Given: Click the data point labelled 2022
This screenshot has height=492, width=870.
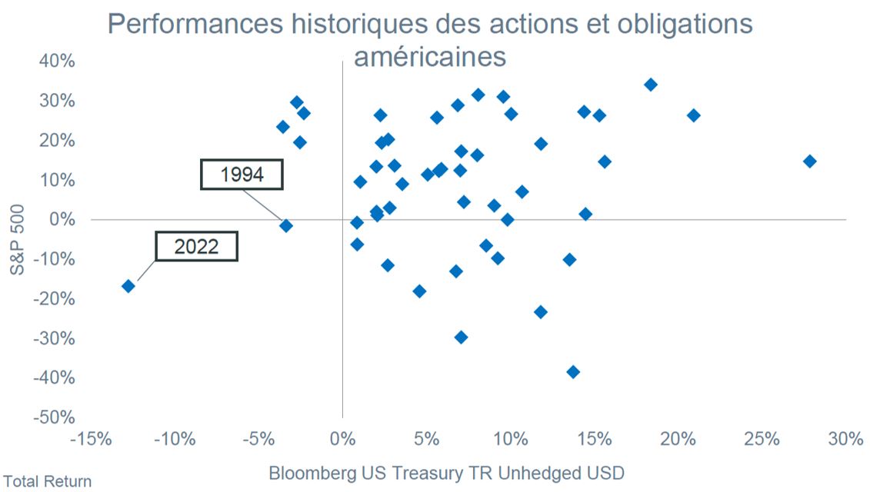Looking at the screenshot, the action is (x=128, y=286).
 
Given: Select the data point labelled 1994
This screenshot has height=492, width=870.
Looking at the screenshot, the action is (x=285, y=226).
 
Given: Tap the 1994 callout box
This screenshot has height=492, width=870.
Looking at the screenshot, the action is (x=242, y=175).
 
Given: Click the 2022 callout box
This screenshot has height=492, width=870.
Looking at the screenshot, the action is (x=196, y=246).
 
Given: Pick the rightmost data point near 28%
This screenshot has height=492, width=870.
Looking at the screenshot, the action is (x=809, y=161).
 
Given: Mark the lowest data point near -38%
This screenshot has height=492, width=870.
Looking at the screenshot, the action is (x=573, y=371).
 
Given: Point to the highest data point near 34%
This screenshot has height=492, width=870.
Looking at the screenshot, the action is (x=651, y=85).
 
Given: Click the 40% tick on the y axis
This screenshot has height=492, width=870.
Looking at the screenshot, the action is (x=57, y=61).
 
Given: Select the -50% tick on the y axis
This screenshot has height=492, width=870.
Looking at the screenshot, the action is (x=54, y=417).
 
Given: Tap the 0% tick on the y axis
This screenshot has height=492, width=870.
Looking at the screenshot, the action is (x=62, y=219).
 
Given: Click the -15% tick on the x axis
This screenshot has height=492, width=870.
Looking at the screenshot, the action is (x=91, y=439).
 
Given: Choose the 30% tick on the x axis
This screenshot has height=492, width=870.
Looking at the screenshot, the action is (x=845, y=439).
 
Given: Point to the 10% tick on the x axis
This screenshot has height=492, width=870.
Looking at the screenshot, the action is (x=511, y=439).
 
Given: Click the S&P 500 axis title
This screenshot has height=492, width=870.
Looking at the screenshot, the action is (x=17, y=240).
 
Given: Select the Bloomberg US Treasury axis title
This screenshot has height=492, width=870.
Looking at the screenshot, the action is (x=447, y=473).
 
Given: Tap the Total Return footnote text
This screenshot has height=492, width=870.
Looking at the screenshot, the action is (x=47, y=481).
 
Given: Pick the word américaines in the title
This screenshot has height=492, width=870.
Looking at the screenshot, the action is (x=430, y=57).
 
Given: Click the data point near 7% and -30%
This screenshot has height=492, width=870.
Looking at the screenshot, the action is (x=461, y=337).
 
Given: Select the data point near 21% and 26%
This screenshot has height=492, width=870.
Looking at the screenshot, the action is (x=694, y=115).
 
